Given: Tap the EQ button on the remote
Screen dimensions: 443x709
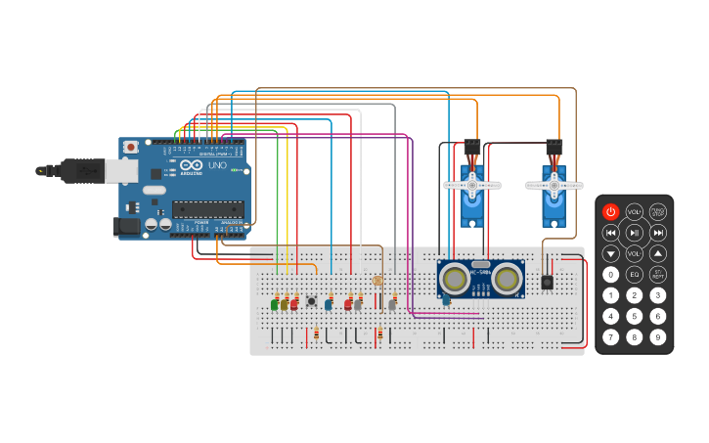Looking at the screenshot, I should [635, 274].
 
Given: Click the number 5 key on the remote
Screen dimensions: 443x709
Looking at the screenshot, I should [635, 316].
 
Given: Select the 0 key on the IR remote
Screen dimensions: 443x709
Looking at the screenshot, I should [610, 274].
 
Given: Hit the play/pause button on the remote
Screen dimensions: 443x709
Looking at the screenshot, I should [635, 232].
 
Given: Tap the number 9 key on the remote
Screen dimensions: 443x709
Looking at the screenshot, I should [658, 337].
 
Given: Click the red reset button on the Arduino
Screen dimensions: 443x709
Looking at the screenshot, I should [130, 147].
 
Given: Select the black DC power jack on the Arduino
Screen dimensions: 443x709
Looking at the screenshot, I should [128, 226].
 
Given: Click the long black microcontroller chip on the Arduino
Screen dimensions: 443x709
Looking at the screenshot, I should [207, 207].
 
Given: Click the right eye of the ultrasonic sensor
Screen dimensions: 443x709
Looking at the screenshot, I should [507, 279].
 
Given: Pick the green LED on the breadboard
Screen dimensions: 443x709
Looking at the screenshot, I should [275, 304].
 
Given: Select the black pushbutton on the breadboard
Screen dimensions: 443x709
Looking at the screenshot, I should [312, 301].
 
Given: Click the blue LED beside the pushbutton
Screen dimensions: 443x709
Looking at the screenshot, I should [329, 304].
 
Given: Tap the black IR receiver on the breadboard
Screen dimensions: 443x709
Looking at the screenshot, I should [547, 283].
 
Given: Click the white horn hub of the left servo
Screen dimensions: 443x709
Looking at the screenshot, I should [472, 184].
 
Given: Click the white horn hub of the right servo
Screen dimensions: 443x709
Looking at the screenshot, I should [554, 184].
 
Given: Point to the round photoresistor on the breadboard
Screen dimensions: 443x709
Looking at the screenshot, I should [378, 281].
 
